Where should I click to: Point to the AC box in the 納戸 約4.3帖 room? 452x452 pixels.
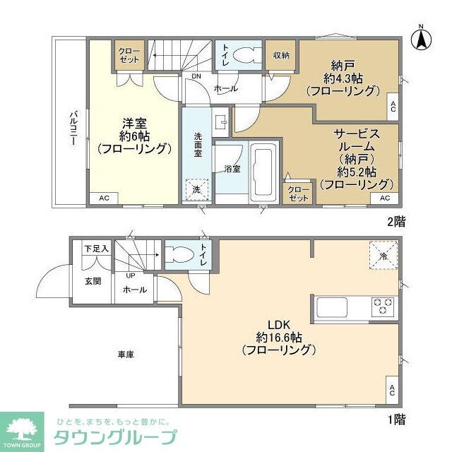point(393,106)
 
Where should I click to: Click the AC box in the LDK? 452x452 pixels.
point(392,389)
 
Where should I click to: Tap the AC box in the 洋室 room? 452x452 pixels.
point(104,198)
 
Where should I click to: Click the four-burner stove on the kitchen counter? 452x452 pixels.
point(383,306)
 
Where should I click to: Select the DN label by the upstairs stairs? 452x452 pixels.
point(197,78)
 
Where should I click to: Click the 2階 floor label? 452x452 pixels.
point(397,221)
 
